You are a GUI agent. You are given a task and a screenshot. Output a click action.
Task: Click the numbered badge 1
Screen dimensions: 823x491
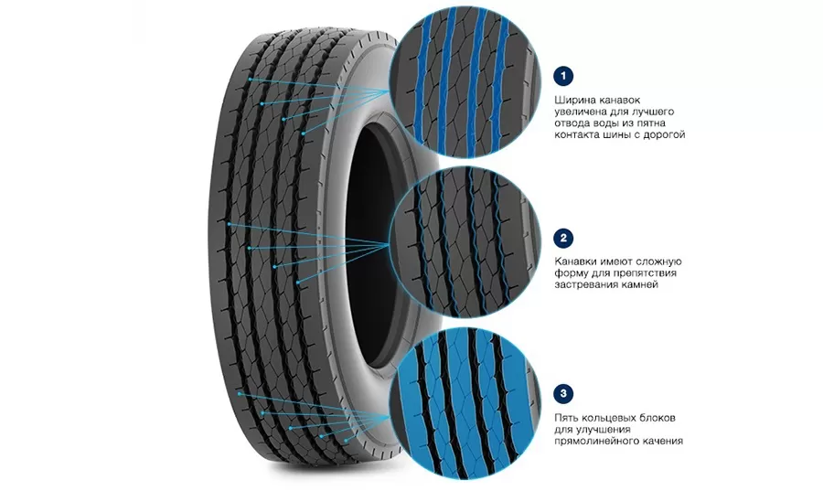tap(563, 76)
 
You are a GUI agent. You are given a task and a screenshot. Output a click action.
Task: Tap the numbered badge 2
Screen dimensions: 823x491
tap(563, 238)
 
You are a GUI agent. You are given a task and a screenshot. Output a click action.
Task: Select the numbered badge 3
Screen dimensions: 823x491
tap(563, 394)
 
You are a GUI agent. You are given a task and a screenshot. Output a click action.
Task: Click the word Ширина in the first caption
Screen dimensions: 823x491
tap(573, 101)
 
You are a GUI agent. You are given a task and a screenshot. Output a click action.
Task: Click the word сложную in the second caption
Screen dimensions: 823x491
tap(659, 262)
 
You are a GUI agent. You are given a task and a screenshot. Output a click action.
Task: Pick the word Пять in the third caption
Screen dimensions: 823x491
tap(567, 418)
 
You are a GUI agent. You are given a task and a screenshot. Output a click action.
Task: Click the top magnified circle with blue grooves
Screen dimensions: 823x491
tap(466, 82)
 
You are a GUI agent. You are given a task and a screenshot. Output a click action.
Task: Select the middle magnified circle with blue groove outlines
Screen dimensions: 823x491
tap(466, 243)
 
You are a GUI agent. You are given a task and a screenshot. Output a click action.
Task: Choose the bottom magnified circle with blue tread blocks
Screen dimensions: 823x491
tap(466, 404)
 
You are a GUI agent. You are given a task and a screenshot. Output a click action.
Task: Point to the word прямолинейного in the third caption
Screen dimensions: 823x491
tap(595, 442)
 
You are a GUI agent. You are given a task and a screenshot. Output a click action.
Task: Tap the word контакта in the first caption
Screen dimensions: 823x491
tap(575, 134)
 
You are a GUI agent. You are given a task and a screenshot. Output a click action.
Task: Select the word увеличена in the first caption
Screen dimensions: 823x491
tap(580, 112)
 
